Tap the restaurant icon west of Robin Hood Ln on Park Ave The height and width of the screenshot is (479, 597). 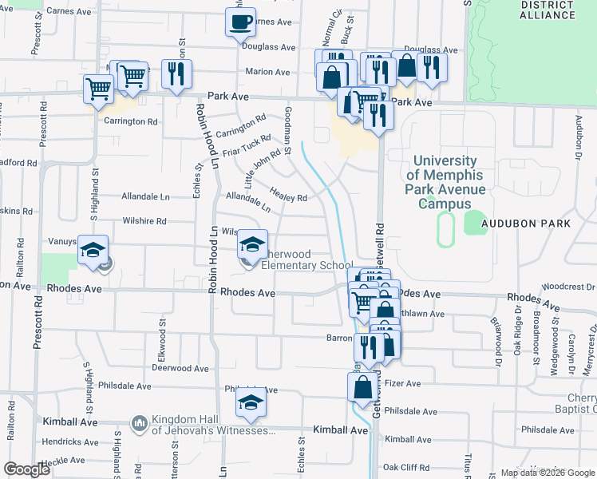click(175, 74)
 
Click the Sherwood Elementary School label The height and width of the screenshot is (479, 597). click(307, 266)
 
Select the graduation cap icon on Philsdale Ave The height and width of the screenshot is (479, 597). click(250, 406)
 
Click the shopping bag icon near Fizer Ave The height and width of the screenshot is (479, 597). click(362, 387)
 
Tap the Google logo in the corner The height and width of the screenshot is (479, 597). click(27, 469)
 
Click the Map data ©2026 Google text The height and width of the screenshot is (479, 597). click(547, 473)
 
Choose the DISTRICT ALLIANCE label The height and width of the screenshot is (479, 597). click(547, 10)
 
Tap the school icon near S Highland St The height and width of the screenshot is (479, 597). click(93, 251)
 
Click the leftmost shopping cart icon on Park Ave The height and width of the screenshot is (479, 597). click(99, 89)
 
